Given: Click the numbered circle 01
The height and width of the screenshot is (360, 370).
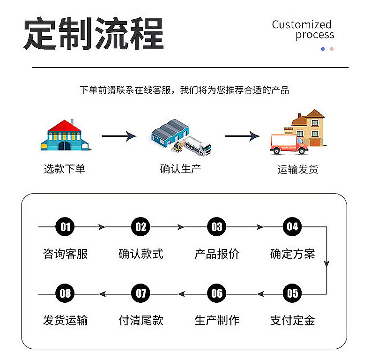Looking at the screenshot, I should coord(66,227).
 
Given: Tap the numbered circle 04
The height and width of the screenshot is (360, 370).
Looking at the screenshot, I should coord(292,227).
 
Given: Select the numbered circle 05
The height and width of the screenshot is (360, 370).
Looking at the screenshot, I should coord(292,294).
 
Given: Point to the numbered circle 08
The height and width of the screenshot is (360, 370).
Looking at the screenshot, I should coord(66,294).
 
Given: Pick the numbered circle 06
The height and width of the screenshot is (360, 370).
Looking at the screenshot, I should coord(217,294).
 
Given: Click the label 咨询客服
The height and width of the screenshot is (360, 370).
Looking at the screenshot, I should coord(66,254).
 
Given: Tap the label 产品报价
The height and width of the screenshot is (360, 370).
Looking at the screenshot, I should coord(217,254).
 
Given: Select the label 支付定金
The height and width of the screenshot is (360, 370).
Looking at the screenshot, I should coord(292,321).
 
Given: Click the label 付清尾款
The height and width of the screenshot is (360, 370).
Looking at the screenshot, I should coord(141,321).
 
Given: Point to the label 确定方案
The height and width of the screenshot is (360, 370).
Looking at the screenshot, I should coord(292,254).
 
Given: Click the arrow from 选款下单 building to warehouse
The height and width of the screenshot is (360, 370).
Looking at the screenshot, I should coord(119,136).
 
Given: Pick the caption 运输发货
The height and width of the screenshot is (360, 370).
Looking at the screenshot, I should coord(298,170).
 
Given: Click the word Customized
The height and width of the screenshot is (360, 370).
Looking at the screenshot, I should coord(302,24).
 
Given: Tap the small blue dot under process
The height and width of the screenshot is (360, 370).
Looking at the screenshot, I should coord(323,49).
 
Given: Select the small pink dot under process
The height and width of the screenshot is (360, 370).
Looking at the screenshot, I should coord(332,49).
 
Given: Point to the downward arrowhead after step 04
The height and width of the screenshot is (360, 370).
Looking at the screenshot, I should coord(326,263).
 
